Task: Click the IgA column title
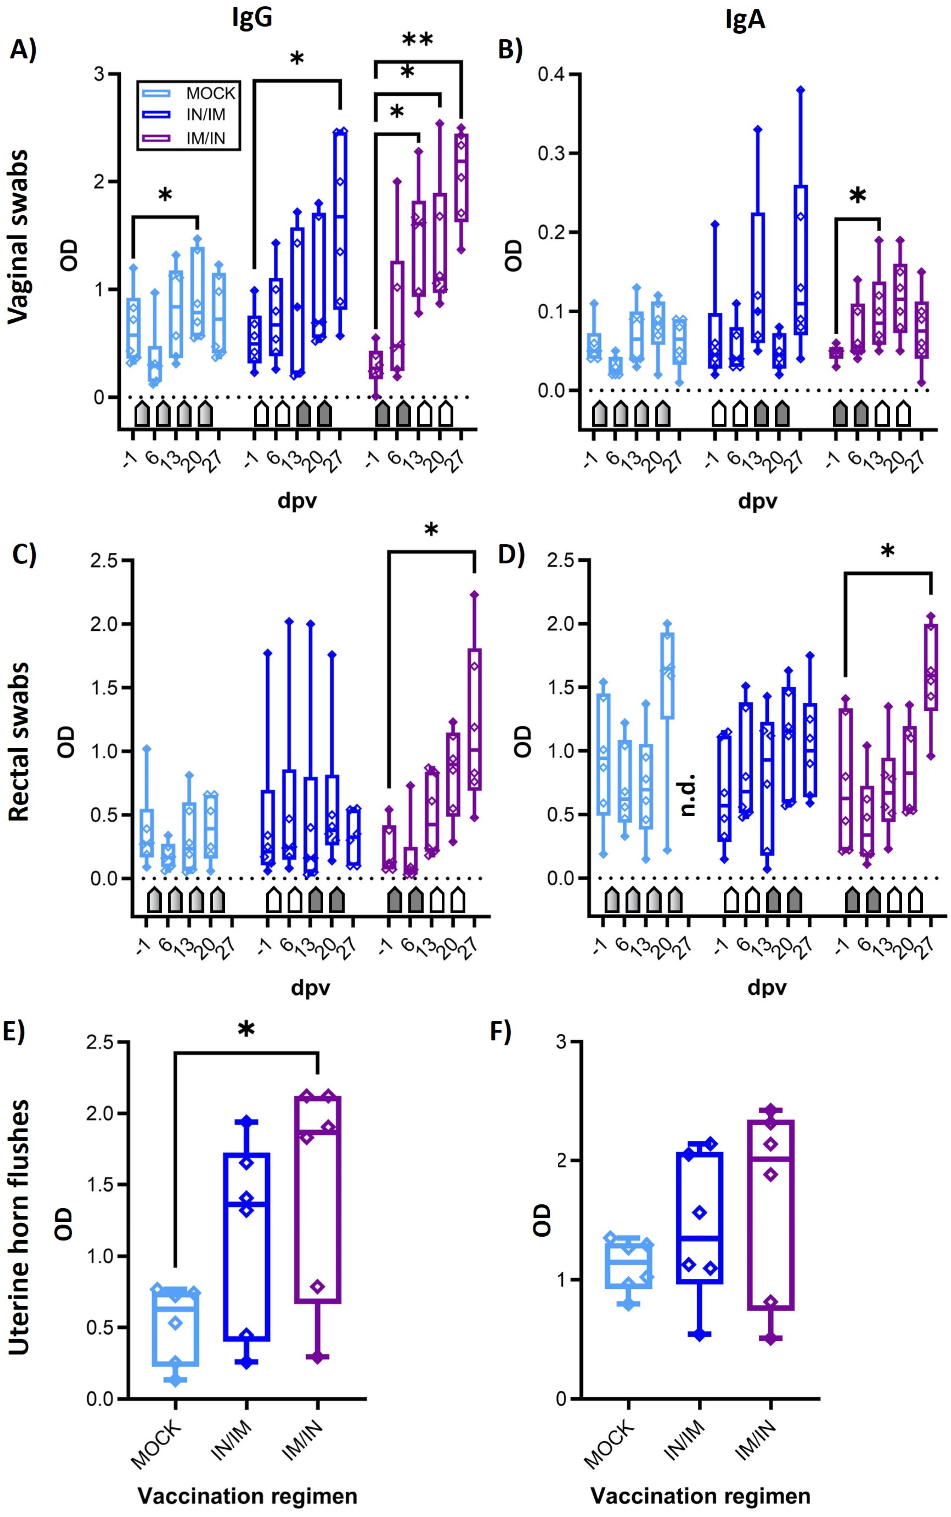pyautogui.click(x=745, y=20)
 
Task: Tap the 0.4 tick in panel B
pyautogui.click(x=551, y=74)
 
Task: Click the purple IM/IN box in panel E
pyautogui.click(x=318, y=1198)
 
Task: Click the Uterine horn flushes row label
pyautogui.click(x=19, y=1227)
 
